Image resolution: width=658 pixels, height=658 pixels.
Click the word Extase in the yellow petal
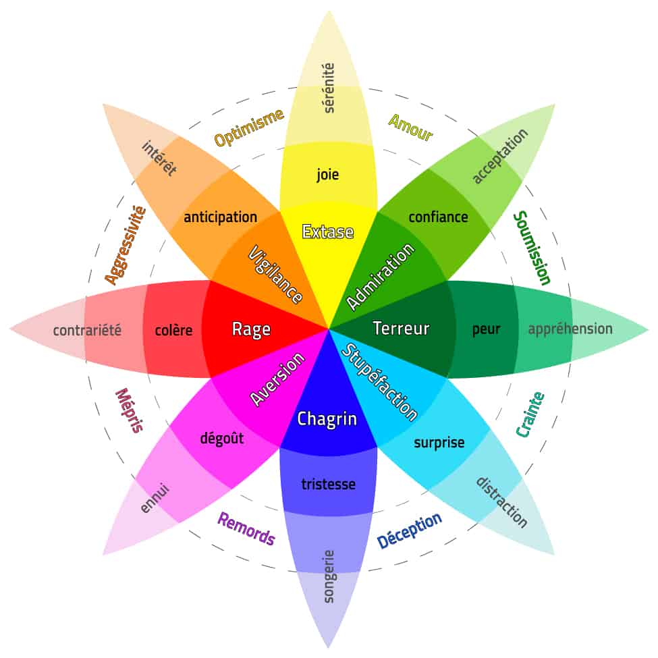[x=328, y=232]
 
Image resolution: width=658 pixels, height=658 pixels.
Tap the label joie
[x=328, y=175]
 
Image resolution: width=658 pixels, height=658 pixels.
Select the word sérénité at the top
[x=329, y=88]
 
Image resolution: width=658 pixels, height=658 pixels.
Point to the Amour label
[x=410, y=128]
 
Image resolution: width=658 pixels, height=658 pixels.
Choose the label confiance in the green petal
[x=438, y=217]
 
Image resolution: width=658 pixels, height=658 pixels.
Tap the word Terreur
[x=401, y=329]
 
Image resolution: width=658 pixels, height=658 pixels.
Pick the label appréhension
[x=570, y=329]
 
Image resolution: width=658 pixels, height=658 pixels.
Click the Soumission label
[x=532, y=248]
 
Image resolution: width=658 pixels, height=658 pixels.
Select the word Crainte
[x=530, y=414]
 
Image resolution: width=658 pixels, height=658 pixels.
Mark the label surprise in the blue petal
[x=439, y=443]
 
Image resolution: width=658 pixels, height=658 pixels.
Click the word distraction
[x=501, y=502]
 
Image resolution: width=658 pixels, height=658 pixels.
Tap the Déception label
[x=409, y=530]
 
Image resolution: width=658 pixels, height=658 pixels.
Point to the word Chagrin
[x=327, y=419]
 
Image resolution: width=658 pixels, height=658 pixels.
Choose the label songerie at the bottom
[x=329, y=576]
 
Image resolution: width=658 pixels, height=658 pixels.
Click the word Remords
[x=246, y=528]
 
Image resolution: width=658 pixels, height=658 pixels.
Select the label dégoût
[x=221, y=438]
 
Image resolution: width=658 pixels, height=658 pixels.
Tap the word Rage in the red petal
[x=251, y=329]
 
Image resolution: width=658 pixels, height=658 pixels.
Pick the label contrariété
[x=87, y=331]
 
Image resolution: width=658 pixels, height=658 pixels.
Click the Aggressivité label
[x=125, y=245]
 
